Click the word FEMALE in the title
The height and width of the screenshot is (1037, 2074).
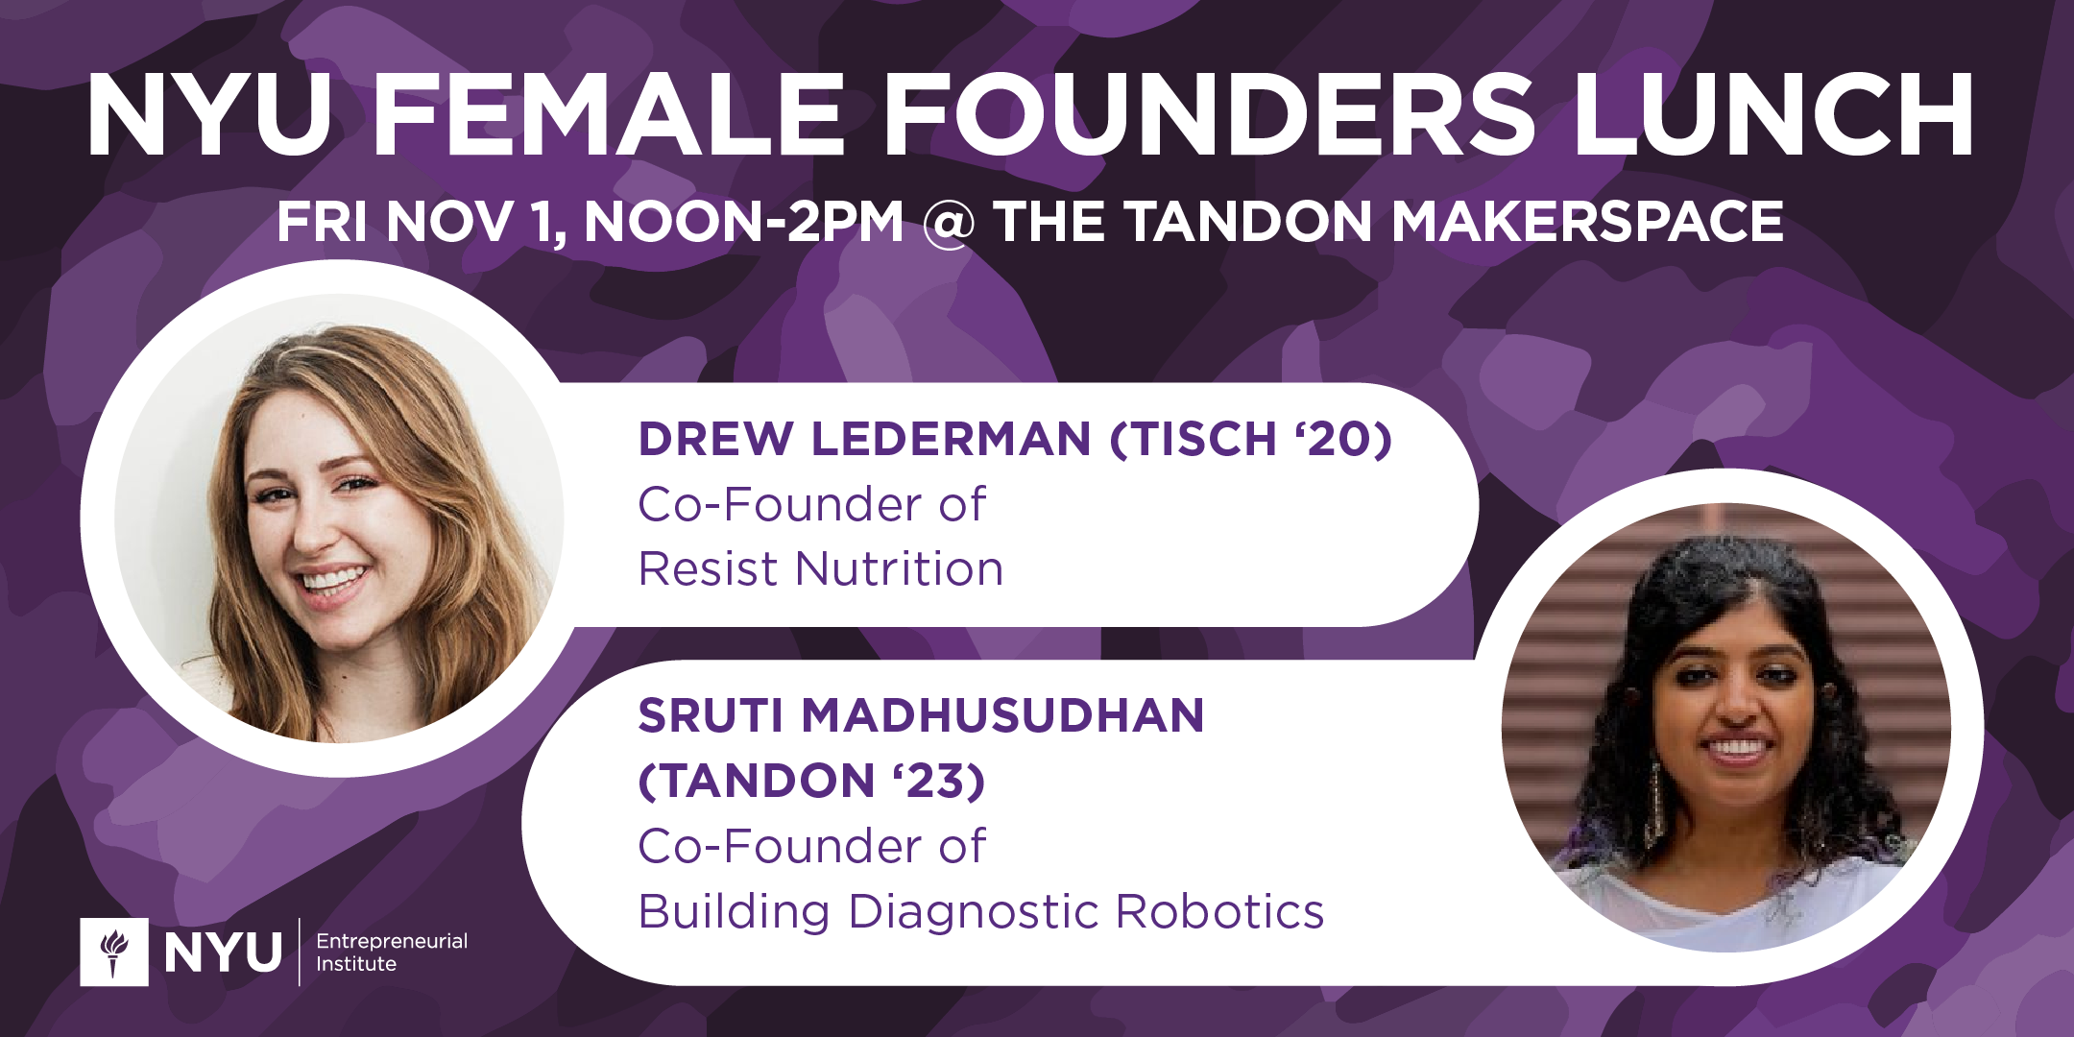pyautogui.click(x=609, y=114)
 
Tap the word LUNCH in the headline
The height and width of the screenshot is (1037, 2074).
pyautogui.click(x=1773, y=114)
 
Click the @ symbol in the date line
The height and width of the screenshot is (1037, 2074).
pyautogui.click(x=949, y=223)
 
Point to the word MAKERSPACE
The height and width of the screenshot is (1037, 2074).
pyautogui.click(x=1586, y=222)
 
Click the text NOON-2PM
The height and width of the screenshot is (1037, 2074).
pyautogui.click(x=743, y=222)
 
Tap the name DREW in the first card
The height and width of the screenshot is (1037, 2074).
pyautogui.click(x=716, y=439)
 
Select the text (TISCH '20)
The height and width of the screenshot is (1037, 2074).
pyautogui.click(x=1250, y=439)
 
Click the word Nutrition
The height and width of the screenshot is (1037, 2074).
pyautogui.click(x=899, y=568)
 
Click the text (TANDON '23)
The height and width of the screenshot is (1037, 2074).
pyautogui.click(x=812, y=781)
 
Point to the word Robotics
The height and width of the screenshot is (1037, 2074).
pyautogui.click(x=1219, y=910)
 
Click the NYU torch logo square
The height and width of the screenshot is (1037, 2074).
pyautogui.click(x=114, y=952)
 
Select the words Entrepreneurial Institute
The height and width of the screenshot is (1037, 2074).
pyautogui.click(x=392, y=952)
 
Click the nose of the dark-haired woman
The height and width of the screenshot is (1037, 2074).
pyautogui.click(x=1736, y=709)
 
